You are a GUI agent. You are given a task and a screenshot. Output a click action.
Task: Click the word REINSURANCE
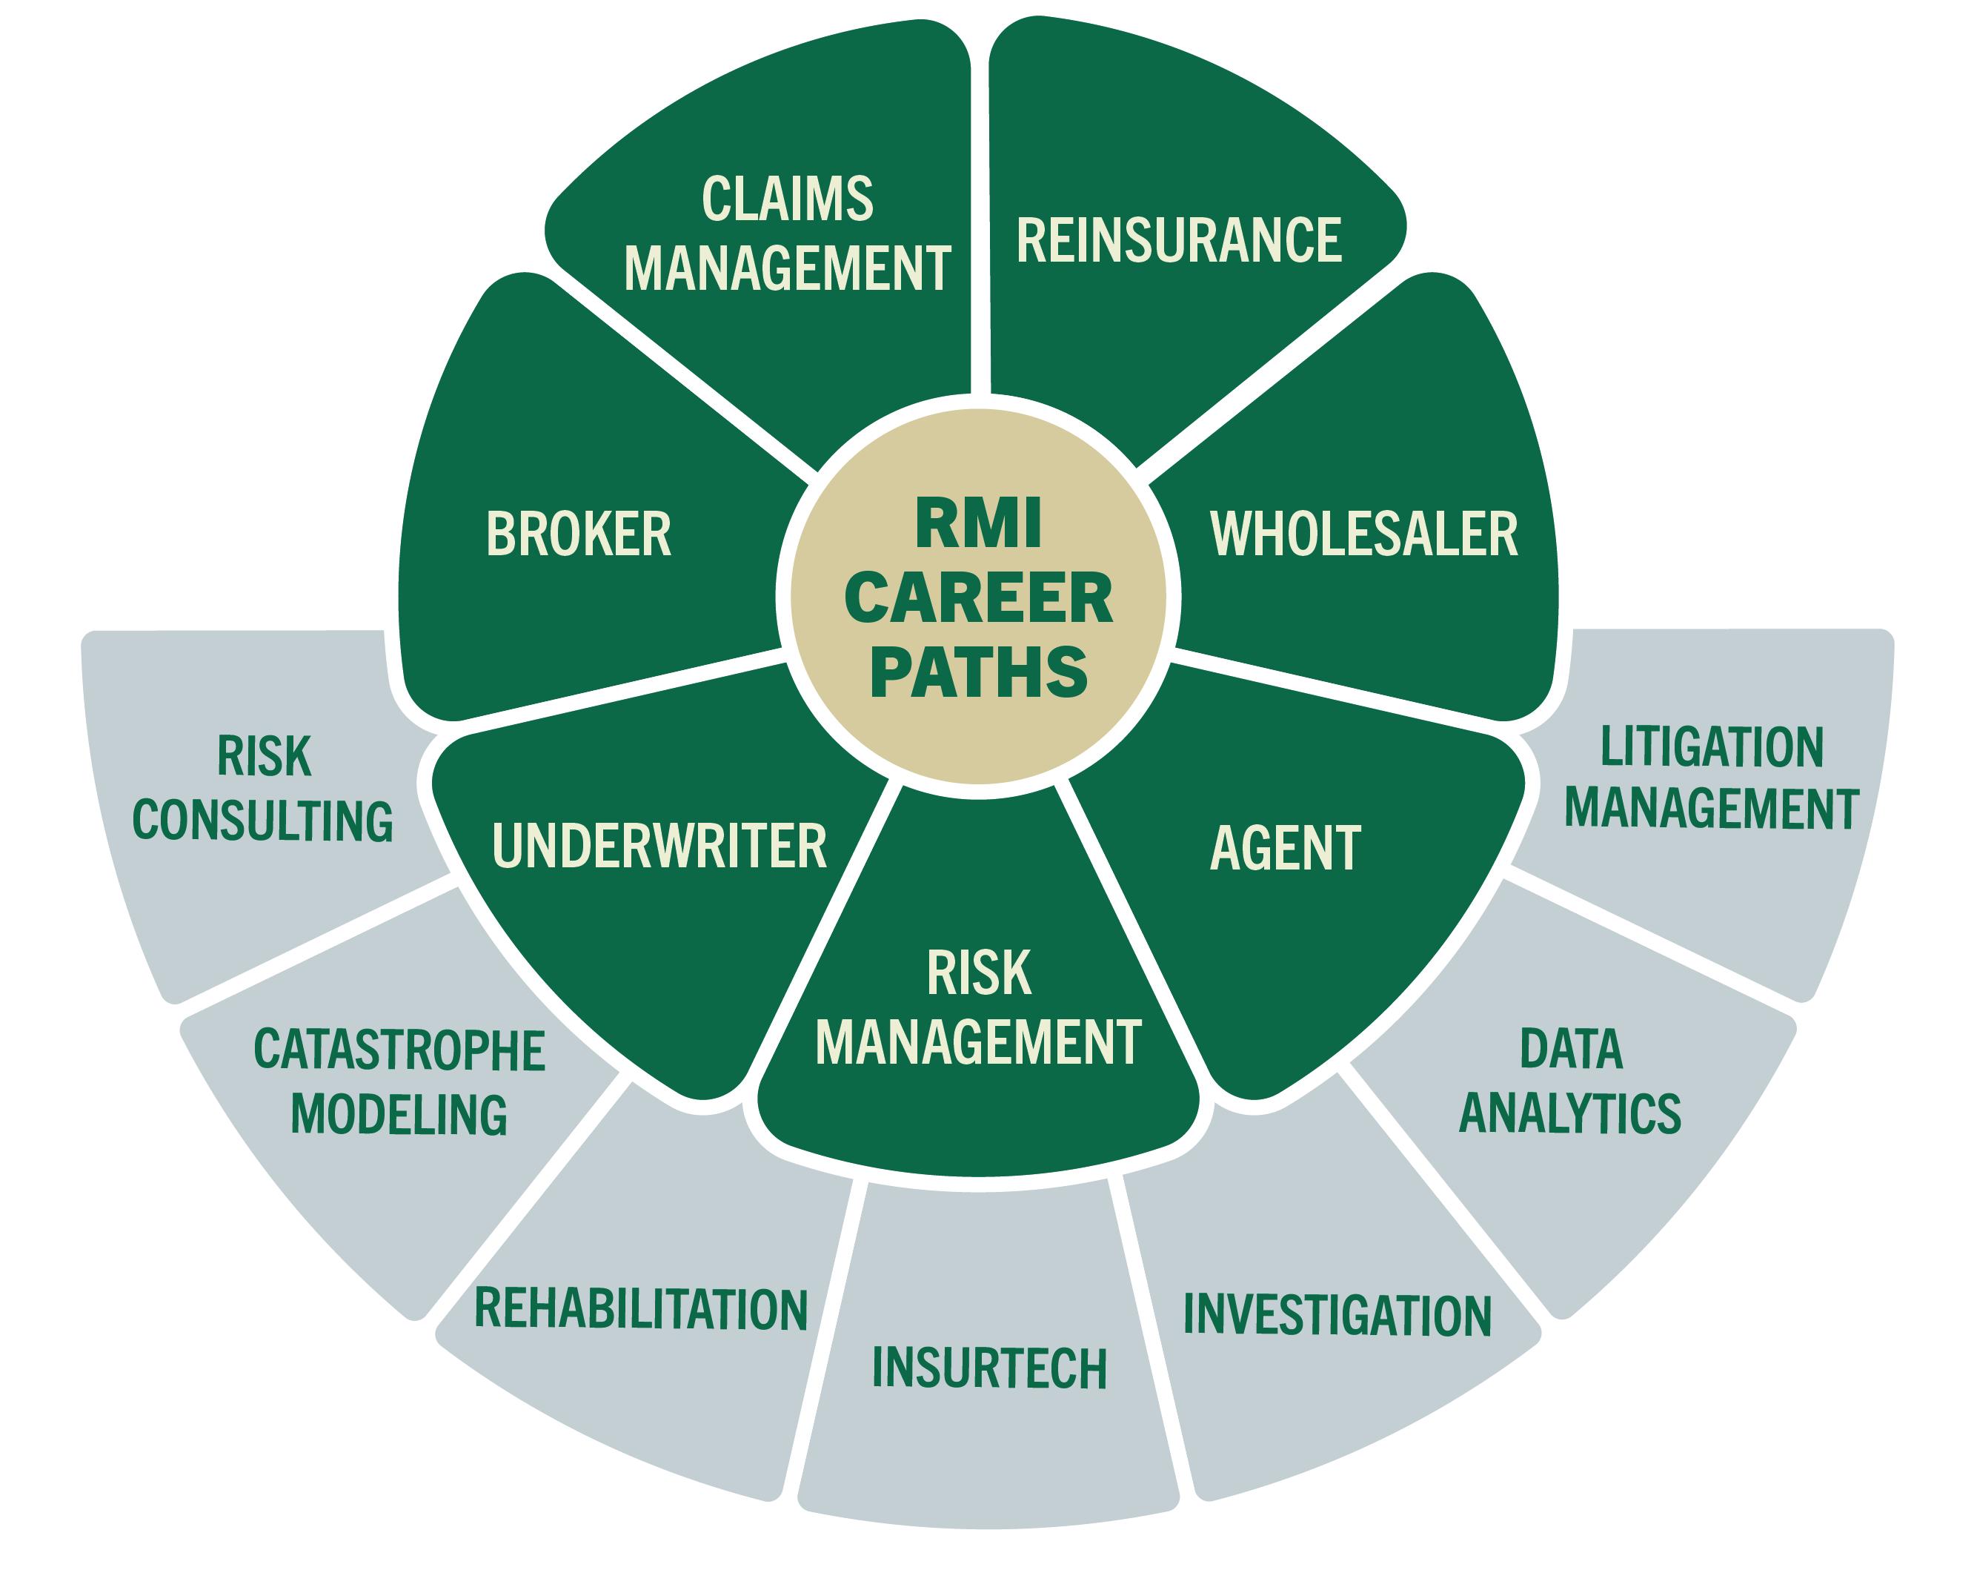[x=1178, y=240]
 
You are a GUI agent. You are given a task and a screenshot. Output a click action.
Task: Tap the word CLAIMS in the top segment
[x=788, y=199]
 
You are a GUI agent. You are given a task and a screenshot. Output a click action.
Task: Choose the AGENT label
[x=1286, y=848]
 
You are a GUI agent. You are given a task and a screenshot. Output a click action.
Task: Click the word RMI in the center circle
[x=978, y=524]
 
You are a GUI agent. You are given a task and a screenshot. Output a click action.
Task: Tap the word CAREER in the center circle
[x=978, y=597]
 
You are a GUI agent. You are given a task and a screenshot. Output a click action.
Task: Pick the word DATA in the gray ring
[x=1571, y=1049]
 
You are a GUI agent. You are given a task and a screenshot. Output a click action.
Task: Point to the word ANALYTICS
[x=1570, y=1114]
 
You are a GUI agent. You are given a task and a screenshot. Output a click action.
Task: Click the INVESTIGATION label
[x=1337, y=1315]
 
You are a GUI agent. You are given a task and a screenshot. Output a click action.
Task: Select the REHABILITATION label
[x=641, y=1308]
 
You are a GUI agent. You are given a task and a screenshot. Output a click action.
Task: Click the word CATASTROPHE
[x=399, y=1050]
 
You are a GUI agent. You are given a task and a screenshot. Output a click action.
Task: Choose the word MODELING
[x=399, y=1115]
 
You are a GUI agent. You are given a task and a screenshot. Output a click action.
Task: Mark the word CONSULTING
[x=263, y=820]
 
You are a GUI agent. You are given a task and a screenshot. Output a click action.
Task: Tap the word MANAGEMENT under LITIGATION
[x=1711, y=809]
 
